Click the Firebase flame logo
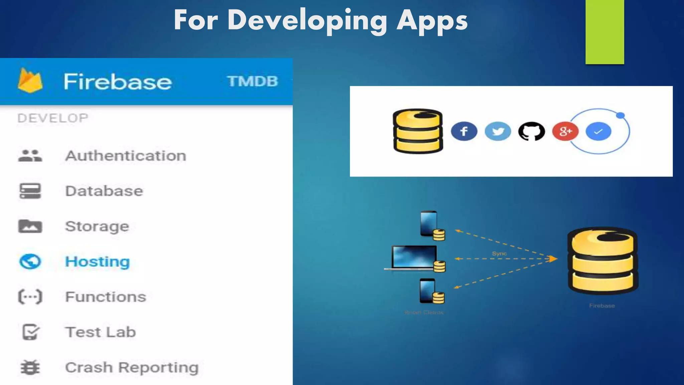pyautogui.click(x=30, y=81)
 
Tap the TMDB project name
pyautogui.click(x=252, y=81)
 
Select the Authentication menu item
pyautogui.click(x=126, y=156)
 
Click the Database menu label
pyautogui.click(x=104, y=191)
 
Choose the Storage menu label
pyautogui.click(x=97, y=226)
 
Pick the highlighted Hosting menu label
pyautogui.click(x=97, y=262)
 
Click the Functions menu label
pyautogui.click(x=106, y=297)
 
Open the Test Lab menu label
pyautogui.click(x=101, y=332)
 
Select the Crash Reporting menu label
pyautogui.click(x=132, y=367)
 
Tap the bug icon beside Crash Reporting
pyautogui.click(x=30, y=368)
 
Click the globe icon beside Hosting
pyautogui.click(x=30, y=262)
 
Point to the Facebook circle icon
pyautogui.click(x=464, y=131)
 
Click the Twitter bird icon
pyautogui.click(x=498, y=131)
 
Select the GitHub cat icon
pyautogui.click(x=531, y=131)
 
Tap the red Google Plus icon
pyautogui.click(x=565, y=131)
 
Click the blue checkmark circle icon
pyautogui.click(x=598, y=131)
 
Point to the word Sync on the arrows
pyautogui.click(x=499, y=253)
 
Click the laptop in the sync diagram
pyautogui.click(x=414, y=257)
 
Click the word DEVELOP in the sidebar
pyautogui.click(x=53, y=118)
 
